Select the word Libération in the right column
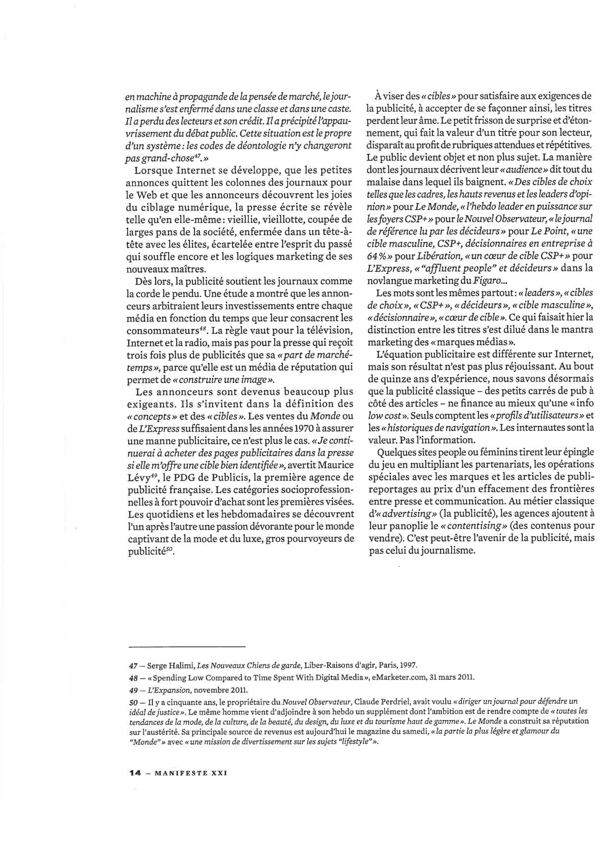438,256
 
